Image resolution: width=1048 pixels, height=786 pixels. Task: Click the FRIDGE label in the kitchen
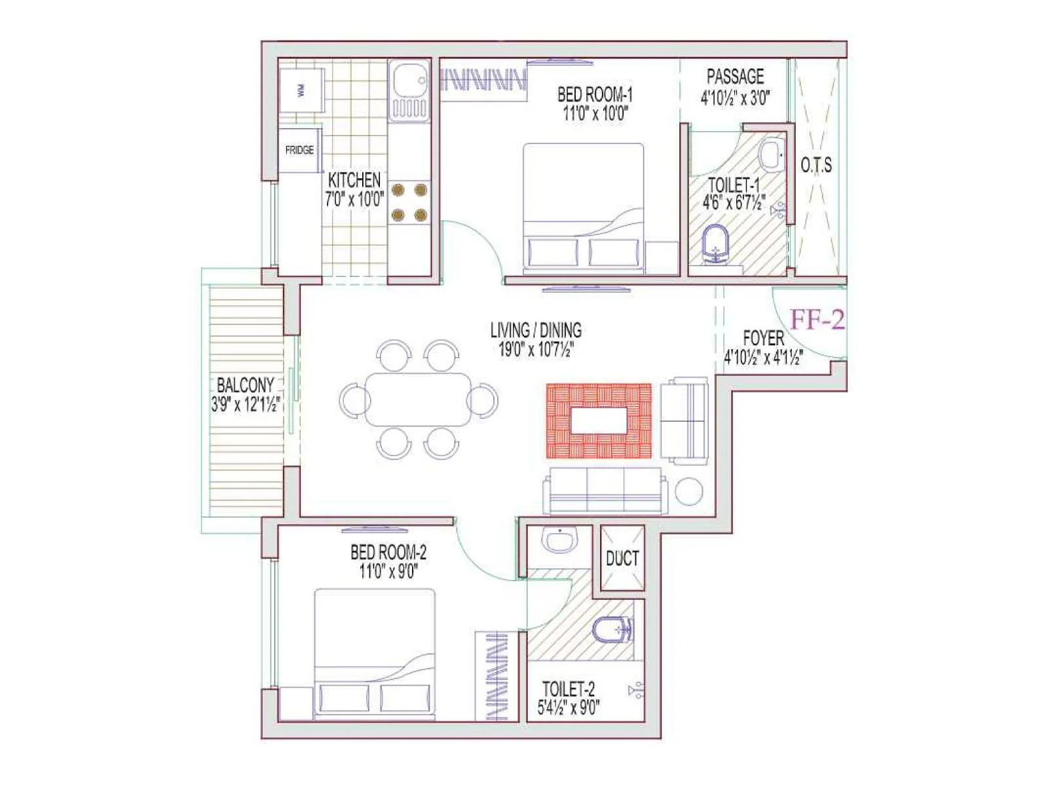[x=299, y=150]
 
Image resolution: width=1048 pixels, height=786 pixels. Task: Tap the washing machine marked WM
[x=301, y=91]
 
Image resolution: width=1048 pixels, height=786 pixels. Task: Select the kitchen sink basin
[x=409, y=81]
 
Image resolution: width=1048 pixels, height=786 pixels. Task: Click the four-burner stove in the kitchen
[x=409, y=202]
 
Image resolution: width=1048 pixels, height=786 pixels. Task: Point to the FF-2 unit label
[x=817, y=320]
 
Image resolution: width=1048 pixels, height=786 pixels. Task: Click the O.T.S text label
[x=816, y=165]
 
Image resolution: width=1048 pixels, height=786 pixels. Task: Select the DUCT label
[x=622, y=559]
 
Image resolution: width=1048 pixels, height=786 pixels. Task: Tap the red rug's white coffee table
[x=599, y=421]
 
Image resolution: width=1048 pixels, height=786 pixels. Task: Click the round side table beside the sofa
[x=688, y=491]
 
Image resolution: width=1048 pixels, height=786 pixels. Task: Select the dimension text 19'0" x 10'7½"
[x=536, y=350]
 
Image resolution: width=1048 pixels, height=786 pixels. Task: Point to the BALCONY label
[x=245, y=384]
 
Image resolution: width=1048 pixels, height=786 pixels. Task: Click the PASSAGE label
[x=735, y=77]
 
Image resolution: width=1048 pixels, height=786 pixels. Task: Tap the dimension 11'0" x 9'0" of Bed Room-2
[x=388, y=572]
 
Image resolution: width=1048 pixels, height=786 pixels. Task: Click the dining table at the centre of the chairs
[x=418, y=400]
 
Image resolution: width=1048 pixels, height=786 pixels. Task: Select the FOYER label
[x=763, y=338]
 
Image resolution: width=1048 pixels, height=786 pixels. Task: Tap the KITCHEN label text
[x=354, y=179]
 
